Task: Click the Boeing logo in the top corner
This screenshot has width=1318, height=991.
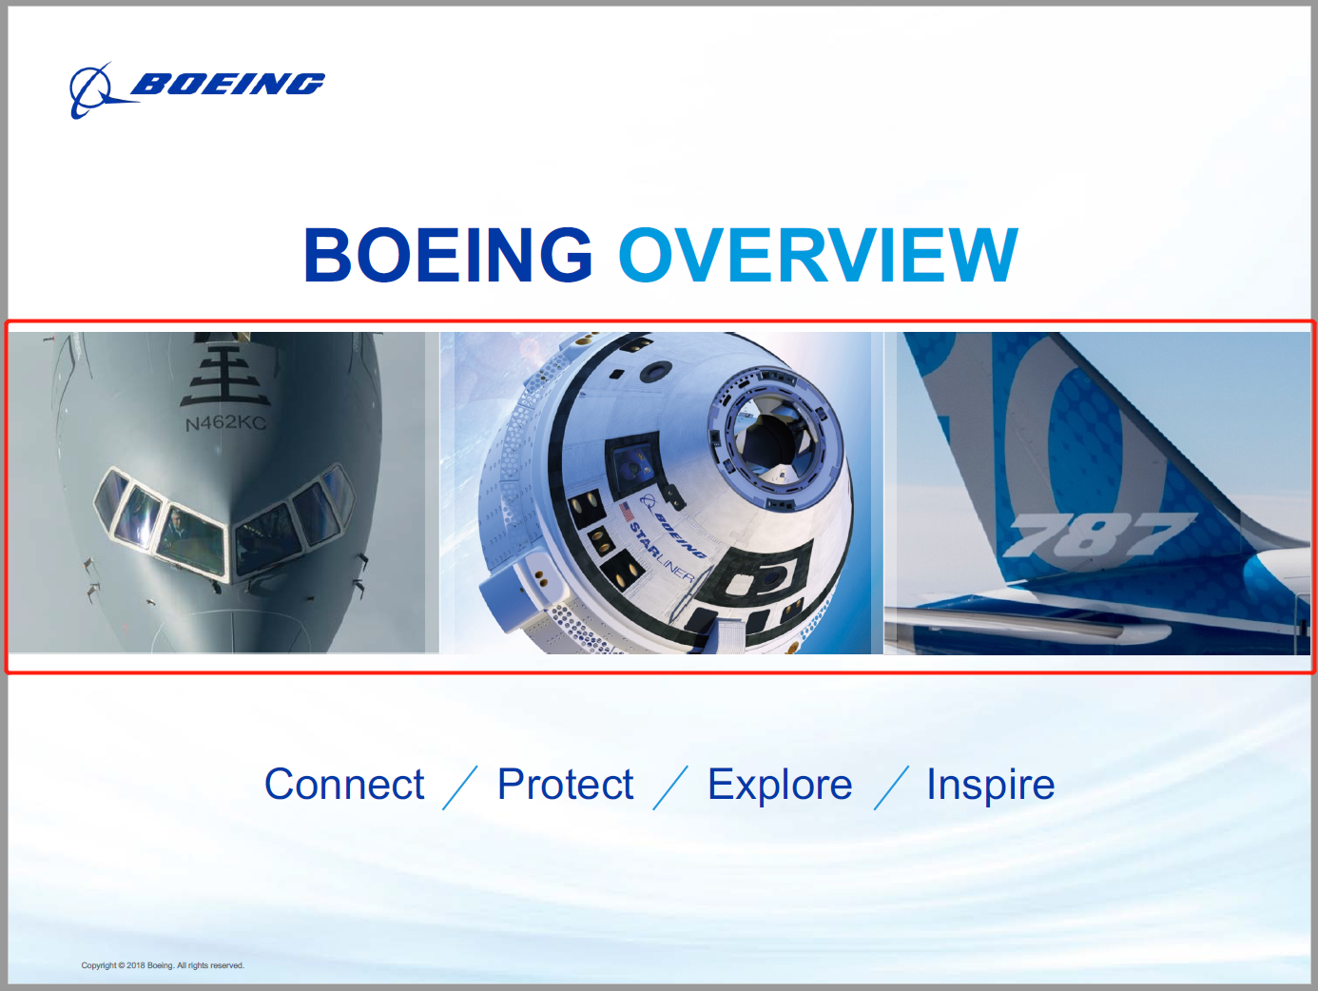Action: point(197,90)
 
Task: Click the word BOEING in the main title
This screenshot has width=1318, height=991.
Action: point(449,255)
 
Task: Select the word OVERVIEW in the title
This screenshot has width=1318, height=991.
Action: point(819,255)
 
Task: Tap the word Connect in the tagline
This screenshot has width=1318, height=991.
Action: point(344,784)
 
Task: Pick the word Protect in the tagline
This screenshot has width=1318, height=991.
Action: point(565,784)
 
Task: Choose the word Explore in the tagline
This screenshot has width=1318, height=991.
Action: point(780,786)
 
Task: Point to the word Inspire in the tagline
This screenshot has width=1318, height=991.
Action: point(991,786)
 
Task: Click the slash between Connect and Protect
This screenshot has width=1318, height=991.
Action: point(460,787)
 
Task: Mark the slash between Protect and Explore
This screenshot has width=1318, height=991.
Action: point(670,787)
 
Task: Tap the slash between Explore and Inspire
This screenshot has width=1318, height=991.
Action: point(891,787)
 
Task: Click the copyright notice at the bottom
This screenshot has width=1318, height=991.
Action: point(163,965)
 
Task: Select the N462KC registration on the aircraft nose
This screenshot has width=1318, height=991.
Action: point(225,423)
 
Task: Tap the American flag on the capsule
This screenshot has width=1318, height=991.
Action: point(627,512)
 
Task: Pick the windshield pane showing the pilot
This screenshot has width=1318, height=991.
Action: point(191,540)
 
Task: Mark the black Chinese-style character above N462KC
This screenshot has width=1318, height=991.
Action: point(225,375)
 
